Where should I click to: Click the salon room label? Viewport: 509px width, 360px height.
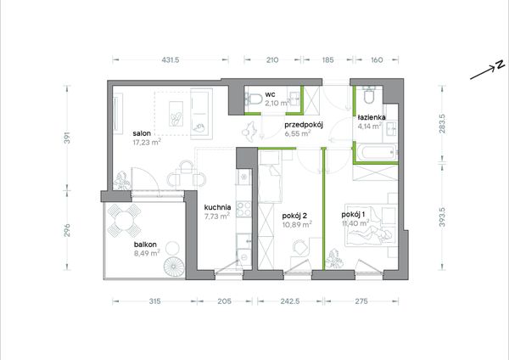[x=142, y=133]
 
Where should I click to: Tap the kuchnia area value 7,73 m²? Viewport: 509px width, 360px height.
[x=217, y=216]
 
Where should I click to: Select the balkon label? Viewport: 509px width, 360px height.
[x=145, y=245]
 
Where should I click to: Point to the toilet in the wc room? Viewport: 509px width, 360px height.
[x=255, y=98]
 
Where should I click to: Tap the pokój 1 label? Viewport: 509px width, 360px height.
[x=353, y=215]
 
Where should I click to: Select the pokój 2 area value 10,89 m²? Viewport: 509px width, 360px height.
[x=297, y=224]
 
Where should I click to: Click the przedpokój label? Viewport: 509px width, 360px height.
[x=303, y=125]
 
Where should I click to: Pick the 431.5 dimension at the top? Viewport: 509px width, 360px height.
[x=171, y=59]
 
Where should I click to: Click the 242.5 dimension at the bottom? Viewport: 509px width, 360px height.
[x=290, y=301]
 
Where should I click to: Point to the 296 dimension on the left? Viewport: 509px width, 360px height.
[x=67, y=230]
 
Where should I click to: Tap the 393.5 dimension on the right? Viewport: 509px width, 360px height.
[x=442, y=217]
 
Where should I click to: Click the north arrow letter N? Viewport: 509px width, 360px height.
[x=500, y=65]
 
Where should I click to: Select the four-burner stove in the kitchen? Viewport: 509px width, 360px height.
[x=243, y=209]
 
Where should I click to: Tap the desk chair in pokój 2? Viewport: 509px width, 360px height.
[x=300, y=247]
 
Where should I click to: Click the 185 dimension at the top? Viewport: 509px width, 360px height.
[x=327, y=59]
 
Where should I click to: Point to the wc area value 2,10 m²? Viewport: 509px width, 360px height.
[x=277, y=104]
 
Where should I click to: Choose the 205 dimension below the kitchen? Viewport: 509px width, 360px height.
[x=224, y=301]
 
